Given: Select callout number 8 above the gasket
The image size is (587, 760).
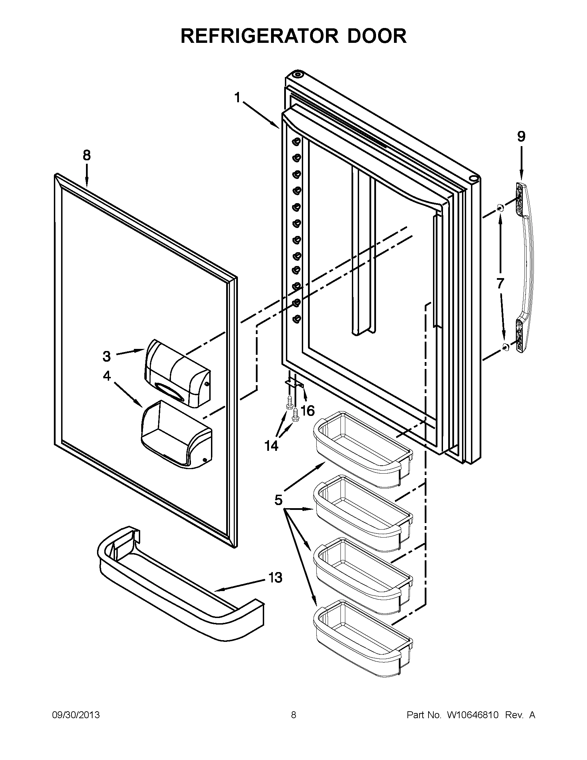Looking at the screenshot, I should tap(87, 155).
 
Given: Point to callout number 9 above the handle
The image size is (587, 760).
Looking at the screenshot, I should tap(521, 136).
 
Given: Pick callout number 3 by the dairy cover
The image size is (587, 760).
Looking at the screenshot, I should tap(107, 356).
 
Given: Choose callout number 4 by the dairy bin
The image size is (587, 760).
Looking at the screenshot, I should tap(107, 376).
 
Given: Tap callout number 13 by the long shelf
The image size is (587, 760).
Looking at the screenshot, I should tap(275, 578).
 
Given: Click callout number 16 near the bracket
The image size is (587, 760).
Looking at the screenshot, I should tap(307, 411).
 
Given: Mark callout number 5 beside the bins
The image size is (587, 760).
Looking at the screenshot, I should tap(278, 500).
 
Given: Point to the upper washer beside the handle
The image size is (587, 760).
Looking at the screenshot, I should tap(500, 208).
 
